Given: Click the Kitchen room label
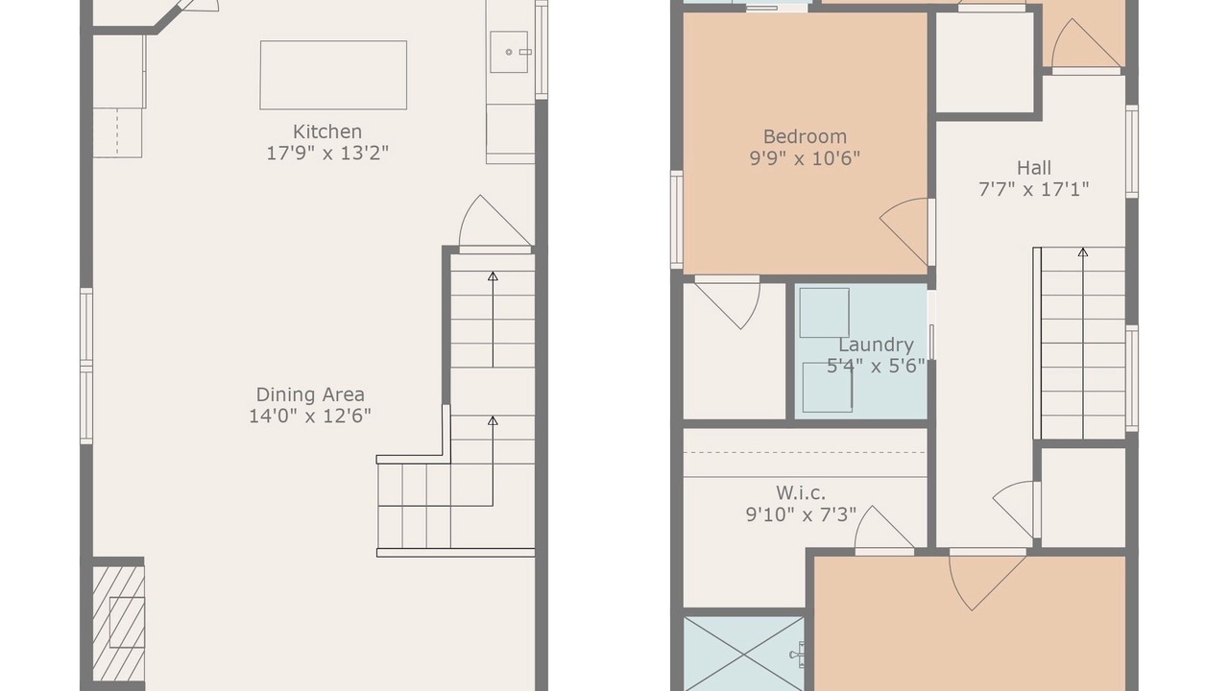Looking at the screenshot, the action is click(x=327, y=131).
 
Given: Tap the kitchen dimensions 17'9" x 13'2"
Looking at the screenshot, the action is click(x=327, y=153).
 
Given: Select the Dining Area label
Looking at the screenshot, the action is click(x=310, y=394).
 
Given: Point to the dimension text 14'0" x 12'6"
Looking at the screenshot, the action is click(x=310, y=417).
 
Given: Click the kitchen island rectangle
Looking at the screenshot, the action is click(x=333, y=75).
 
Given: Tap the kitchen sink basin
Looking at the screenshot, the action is click(x=509, y=52).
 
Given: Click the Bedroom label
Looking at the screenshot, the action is click(x=805, y=136).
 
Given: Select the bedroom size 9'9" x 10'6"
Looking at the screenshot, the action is click(x=805, y=158).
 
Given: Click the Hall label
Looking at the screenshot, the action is click(x=1034, y=168).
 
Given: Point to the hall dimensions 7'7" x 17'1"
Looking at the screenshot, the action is click(x=1034, y=190).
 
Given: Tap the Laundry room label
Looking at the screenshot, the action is click(x=876, y=345).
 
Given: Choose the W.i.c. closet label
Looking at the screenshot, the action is click(x=801, y=493).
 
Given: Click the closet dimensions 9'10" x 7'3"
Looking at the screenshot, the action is click(x=801, y=515).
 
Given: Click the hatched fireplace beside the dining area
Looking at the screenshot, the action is click(x=118, y=624).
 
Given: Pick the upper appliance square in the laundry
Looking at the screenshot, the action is click(x=824, y=313).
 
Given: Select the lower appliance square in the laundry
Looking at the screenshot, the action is click(x=828, y=387).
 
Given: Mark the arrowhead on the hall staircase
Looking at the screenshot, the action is click(x=1082, y=252).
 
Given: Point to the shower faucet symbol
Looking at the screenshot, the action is click(x=797, y=655).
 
